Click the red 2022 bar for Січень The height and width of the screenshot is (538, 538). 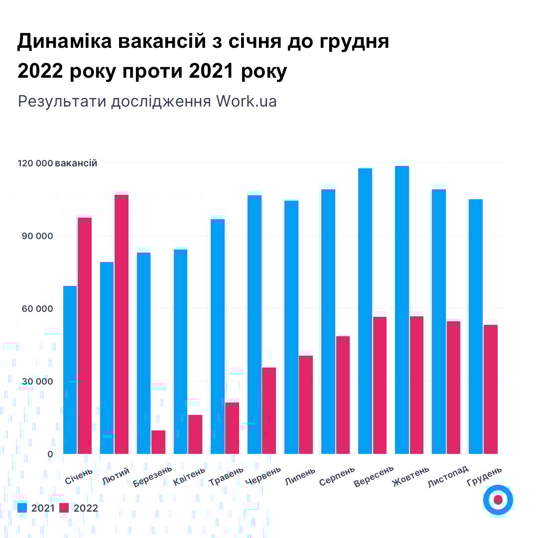click(x=85, y=336)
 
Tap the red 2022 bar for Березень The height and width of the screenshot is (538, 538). click(x=158, y=442)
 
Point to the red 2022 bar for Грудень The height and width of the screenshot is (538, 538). click(x=491, y=389)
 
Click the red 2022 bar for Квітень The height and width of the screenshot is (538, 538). click(x=195, y=434)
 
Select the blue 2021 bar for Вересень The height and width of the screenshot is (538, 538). click(x=365, y=311)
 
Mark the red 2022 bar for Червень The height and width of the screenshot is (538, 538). click(x=269, y=410)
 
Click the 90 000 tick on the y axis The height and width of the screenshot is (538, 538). click(x=37, y=236)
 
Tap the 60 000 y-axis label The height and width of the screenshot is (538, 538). click(x=37, y=309)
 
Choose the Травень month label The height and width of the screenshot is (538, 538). click(x=227, y=476)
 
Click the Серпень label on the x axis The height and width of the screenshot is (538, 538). click(x=337, y=476)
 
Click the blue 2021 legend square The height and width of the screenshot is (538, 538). click(x=22, y=508)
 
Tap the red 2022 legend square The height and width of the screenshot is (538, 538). click(x=64, y=508)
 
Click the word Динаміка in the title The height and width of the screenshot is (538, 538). click(x=65, y=42)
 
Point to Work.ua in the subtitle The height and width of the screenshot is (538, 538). click(x=246, y=101)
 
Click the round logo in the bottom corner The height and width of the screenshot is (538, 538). click(x=498, y=500)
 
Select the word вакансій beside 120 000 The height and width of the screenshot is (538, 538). click(x=76, y=163)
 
